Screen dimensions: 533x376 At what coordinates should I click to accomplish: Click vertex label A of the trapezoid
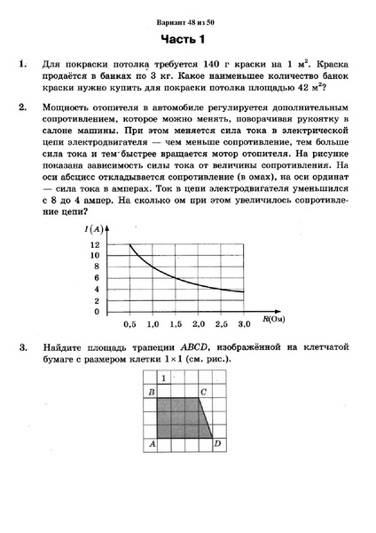(152, 443)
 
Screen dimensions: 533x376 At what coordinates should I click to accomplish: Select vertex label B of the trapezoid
(152, 392)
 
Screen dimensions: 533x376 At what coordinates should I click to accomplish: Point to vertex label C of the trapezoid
(204, 392)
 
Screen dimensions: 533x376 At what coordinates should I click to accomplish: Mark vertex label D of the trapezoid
(218, 443)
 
